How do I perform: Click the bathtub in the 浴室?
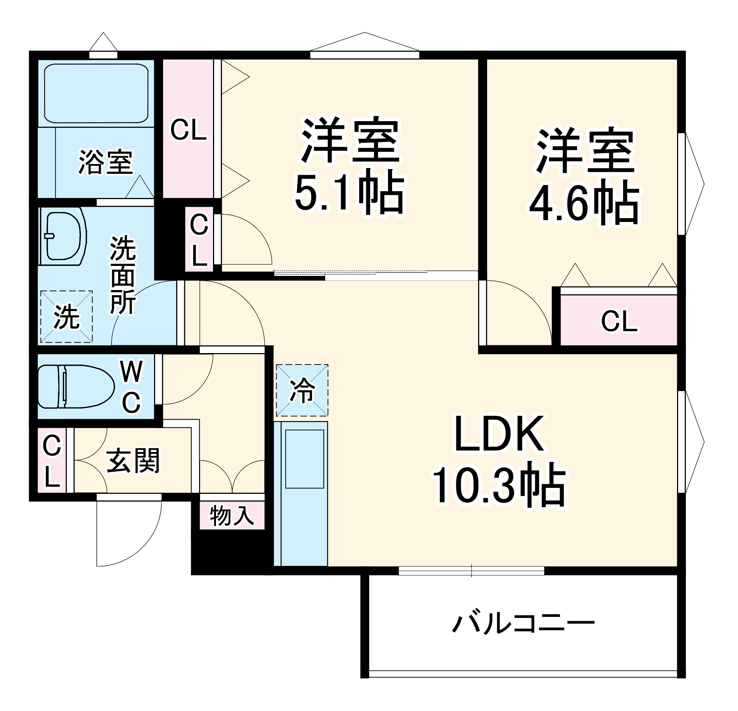click(96, 93)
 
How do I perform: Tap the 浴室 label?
click(106, 163)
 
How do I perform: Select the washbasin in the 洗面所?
click(63, 236)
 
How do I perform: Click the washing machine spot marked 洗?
click(66, 317)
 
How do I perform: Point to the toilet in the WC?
click(75, 386)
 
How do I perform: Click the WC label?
click(131, 387)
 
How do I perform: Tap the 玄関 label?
click(133, 461)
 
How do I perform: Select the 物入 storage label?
click(232, 516)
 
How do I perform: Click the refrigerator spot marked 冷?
click(302, 390)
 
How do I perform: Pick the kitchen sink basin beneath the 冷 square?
click(304, 459)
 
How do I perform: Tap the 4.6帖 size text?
click(585, 204)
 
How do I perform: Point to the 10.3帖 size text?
click(498, 485)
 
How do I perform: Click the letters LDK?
click(499, 434)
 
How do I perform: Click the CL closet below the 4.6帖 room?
click(619, 321)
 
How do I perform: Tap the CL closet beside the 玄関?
click(52, 461)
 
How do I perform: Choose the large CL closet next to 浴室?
click(188, 129)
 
